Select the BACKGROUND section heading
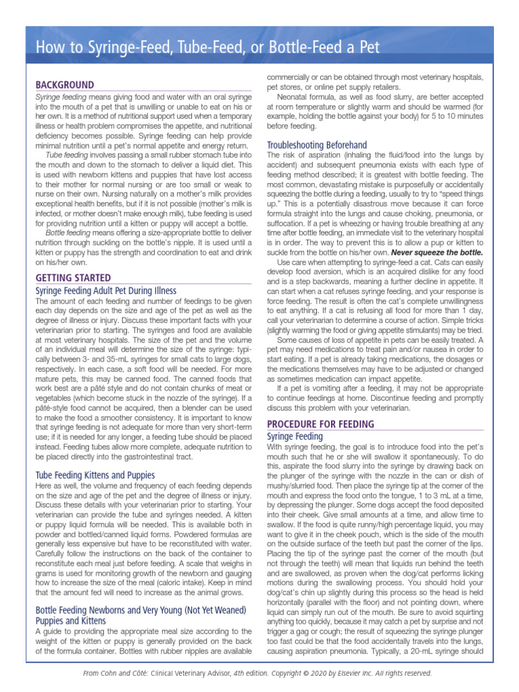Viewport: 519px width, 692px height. [65, 85]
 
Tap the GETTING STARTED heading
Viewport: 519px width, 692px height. [73, 278]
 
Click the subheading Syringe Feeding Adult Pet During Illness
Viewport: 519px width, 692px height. [105, 291]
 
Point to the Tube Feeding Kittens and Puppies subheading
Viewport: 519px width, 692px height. [95, 475]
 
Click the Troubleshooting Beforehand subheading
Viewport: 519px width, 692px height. [317, 145]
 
